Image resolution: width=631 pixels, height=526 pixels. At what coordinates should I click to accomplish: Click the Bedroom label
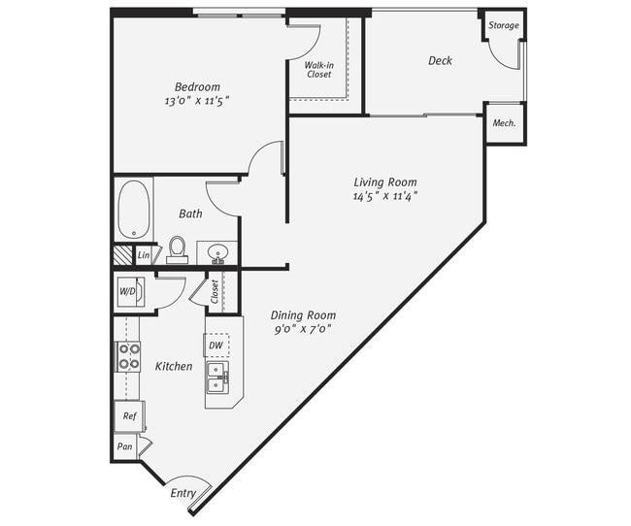pos(197,85)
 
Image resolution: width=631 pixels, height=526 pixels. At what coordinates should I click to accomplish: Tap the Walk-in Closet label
pos(319,69)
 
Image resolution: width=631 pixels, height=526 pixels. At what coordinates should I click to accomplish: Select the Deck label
pos(440,61)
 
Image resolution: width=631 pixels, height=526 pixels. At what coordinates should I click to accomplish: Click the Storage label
pos(503,25)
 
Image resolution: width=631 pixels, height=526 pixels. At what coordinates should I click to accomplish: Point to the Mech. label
pos(504,123)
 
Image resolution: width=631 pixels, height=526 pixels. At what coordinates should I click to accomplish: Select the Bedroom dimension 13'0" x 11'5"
pos(197,100)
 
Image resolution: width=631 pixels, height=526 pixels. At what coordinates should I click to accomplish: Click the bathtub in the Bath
pos(133,208)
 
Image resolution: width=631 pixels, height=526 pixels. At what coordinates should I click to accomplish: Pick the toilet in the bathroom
pos(177,249)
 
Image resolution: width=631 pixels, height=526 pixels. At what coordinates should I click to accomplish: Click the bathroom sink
pos(218,255)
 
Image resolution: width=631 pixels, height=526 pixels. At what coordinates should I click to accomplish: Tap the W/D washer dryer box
pos(128,291)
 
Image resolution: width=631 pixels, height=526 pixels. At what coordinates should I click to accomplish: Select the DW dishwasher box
pos(216,345)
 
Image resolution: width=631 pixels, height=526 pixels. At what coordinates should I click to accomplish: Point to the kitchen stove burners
pos(127,356)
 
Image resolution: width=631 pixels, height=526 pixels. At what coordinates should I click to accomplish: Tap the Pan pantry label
pos(124,446)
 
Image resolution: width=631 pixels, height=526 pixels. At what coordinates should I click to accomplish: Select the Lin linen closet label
pos(143,255)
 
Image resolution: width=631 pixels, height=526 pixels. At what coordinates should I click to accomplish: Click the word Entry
pos(183,493)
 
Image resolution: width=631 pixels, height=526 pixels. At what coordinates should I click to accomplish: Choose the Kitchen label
pos(174,366)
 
